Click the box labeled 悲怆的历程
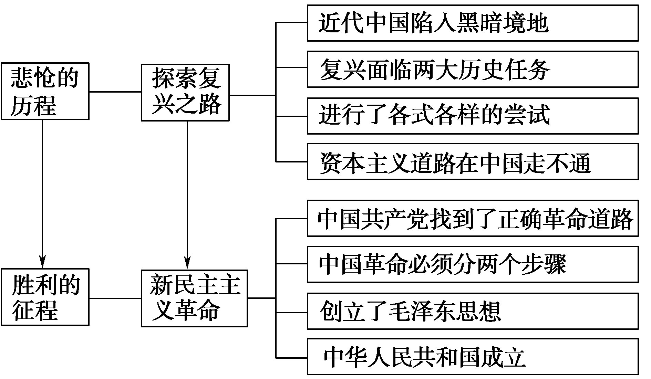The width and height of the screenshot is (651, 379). click(x=45, y=91)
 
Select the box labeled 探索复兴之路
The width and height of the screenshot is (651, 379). click(x=185, y=92)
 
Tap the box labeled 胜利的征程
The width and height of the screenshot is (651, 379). click(x=45, y=297)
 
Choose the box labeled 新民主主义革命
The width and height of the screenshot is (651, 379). click(x=194, y=298)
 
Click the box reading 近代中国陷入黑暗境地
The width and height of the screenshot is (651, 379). click(x=473, y=23)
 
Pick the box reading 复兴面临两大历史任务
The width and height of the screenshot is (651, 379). click(x=473, y=69)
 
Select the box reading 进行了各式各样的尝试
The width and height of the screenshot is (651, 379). click(x=473, y=116)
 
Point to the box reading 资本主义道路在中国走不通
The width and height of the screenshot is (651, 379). click(x=473, y=162)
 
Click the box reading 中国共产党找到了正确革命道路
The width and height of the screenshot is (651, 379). click(x=473, y=218)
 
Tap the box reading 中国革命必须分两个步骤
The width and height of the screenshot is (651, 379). click(x=473, y=264)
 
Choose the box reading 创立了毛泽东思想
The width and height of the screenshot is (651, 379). click(x=473, y=311)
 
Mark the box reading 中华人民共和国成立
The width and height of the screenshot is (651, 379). click(x=473, y=357)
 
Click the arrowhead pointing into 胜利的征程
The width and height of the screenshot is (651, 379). click(x=42, y=262)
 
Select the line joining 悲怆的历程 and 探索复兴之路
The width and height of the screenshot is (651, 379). click(x=115, y=92)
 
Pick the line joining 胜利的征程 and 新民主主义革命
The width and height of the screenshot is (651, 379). click(x=115, y=298)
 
